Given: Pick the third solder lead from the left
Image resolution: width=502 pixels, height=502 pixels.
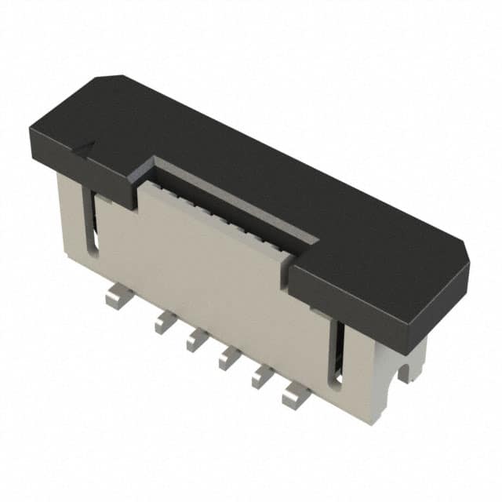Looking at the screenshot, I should tap(196, 339).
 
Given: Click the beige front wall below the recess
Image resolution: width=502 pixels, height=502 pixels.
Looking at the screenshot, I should tap(212, 267).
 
